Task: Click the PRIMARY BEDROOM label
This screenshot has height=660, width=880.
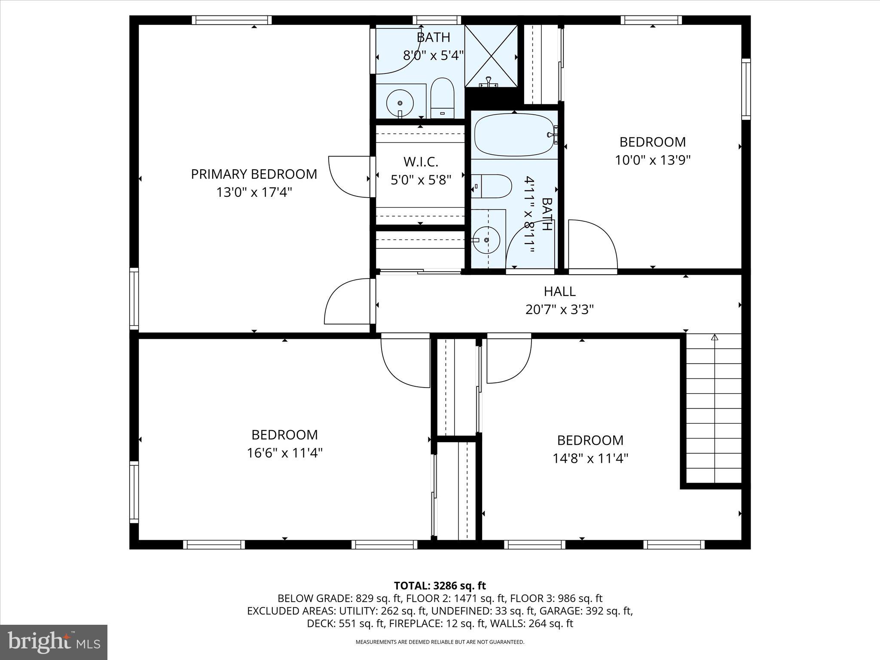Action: [254, 174]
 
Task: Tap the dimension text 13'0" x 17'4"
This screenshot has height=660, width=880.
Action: [254, 192]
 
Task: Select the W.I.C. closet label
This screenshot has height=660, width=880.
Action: [421, 162]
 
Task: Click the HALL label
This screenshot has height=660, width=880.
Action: [559, 291]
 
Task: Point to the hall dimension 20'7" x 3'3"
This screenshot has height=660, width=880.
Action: [559, 309]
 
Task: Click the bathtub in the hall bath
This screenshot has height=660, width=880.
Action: [513, 135]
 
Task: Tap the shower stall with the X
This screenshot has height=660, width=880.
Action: [491, 56]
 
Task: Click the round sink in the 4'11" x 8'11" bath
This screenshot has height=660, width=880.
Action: [487, 240]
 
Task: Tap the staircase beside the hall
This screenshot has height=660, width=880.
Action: [714, 410]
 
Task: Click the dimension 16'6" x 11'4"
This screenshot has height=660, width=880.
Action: [284, 453]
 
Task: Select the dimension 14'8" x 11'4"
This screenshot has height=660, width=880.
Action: [590, 458]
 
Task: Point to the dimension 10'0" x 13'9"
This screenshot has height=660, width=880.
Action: [652, 160]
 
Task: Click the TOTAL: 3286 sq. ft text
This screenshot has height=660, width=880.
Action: [440, 586]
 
